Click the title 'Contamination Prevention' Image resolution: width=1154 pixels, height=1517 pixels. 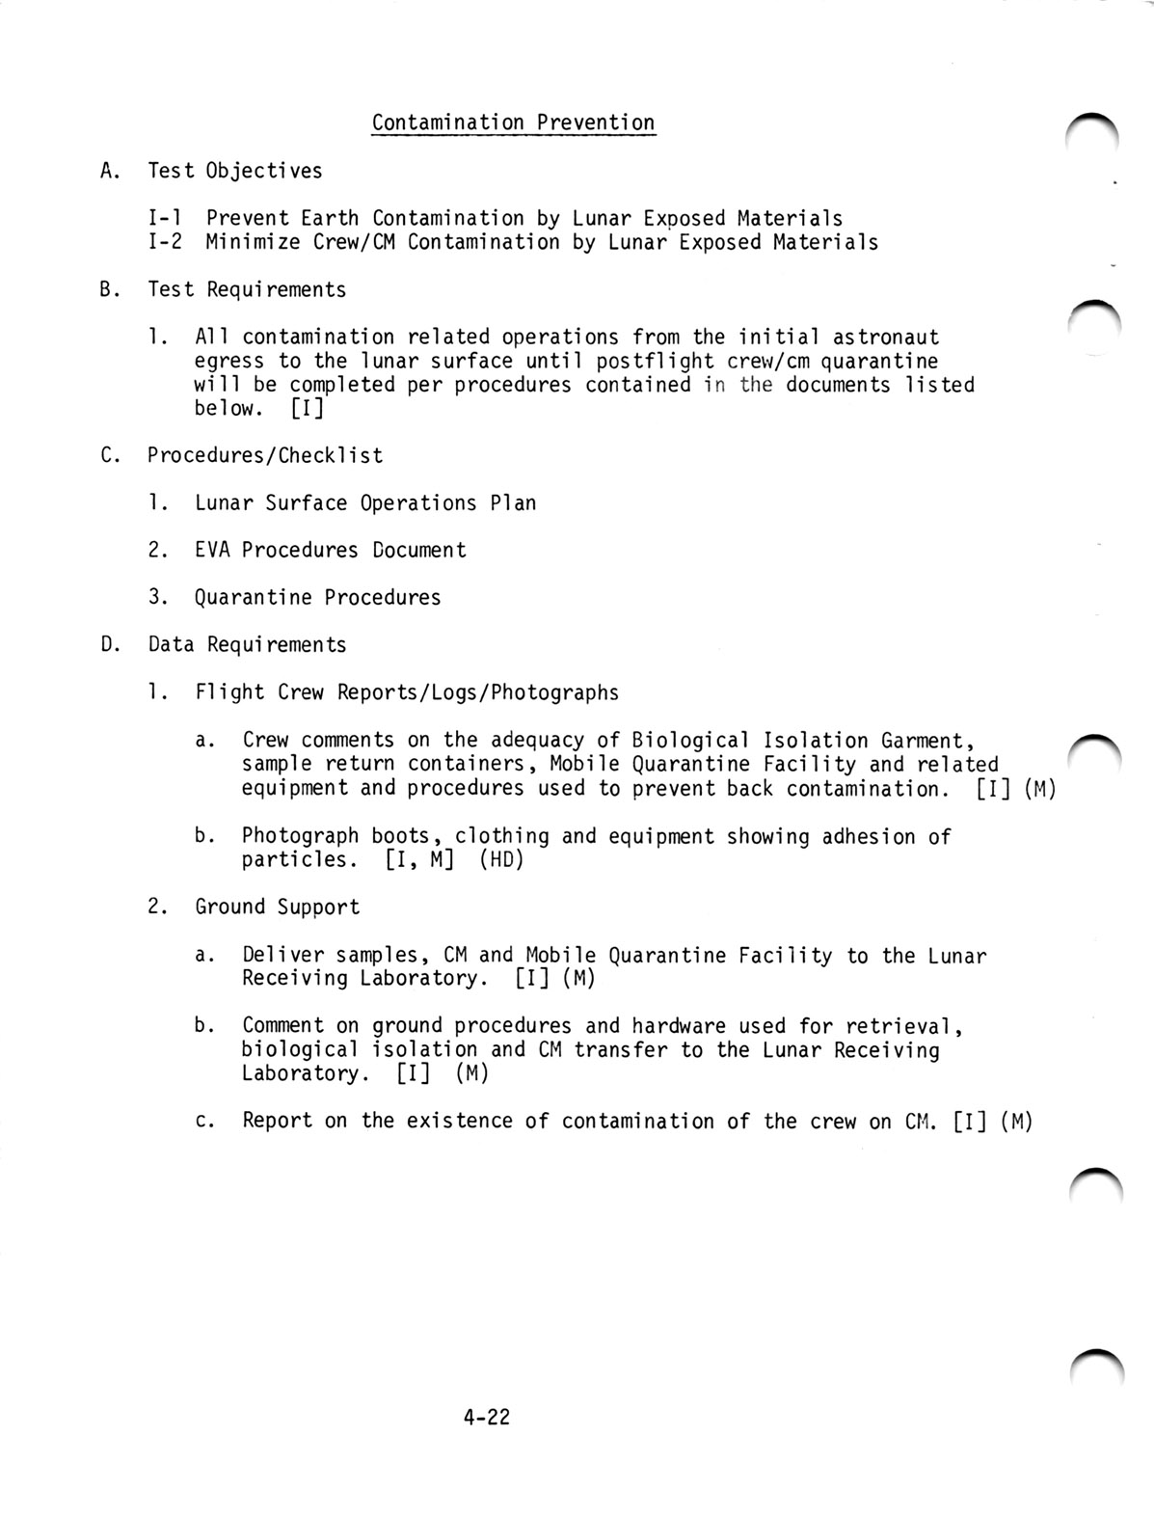pyautogui.click(x=513, y=123)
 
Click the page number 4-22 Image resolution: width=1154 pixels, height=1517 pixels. pyautogui.click(x=486, y=1418)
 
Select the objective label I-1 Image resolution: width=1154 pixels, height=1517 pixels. pyautogui.click(x=168, y=219)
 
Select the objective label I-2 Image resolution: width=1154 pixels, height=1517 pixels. pyautogui.click(x=168, y=242)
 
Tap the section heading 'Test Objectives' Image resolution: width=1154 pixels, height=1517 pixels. pyautogui.click(x=234, y=172)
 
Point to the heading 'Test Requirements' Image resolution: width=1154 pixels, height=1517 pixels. pyautogui.click(x=246, y=289)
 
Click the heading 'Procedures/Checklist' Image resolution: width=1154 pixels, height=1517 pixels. pyautogui.click(x=264, y=455)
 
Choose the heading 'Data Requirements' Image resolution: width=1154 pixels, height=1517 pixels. pyautogui.click(x=246, y=645)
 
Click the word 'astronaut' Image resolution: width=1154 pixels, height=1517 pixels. pyautogui.click(x=885, y=338)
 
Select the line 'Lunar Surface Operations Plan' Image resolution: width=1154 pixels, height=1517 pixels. pyautogui.click(x=365, y=503)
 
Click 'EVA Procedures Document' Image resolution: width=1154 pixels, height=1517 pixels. pyautogui.click(x=330, y=551)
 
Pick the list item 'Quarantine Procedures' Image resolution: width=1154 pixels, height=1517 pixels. pyautogui.click(x=317, y=598)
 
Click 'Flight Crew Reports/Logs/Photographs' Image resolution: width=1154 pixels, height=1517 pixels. pyautogui.click(x=406, y=692)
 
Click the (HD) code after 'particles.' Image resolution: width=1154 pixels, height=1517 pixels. pyautogui.click(x=500, y=859)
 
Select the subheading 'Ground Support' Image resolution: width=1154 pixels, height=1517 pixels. pyautogui.click(x=277, y=907)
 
